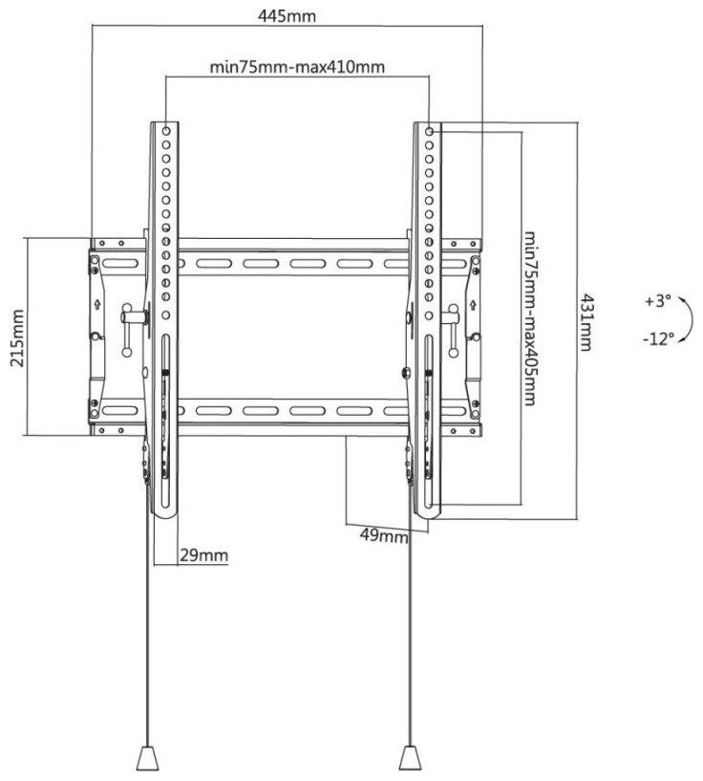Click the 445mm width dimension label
tap(287, 16)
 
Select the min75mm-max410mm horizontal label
tap(297, 67)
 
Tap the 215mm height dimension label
tap(17, 337)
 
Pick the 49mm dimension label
tap(384, 536)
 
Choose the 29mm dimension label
tap(203, 554)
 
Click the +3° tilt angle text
tap(658, 301)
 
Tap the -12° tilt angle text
tap(658, 339)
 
